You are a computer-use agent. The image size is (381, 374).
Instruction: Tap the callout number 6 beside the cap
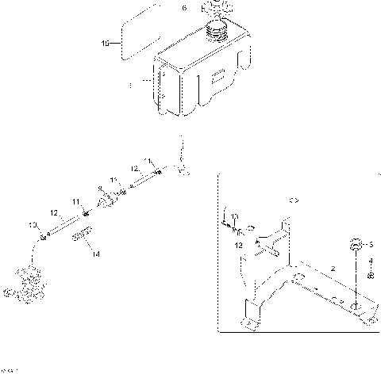185,8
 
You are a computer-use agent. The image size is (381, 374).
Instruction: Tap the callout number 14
95,254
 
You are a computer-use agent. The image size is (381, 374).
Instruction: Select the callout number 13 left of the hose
33,226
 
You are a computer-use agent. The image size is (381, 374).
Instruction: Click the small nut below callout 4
370,275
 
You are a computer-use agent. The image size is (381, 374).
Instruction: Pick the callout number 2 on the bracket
333,270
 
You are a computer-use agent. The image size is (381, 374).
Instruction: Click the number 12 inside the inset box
239,246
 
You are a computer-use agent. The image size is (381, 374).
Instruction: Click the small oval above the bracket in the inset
291,200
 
